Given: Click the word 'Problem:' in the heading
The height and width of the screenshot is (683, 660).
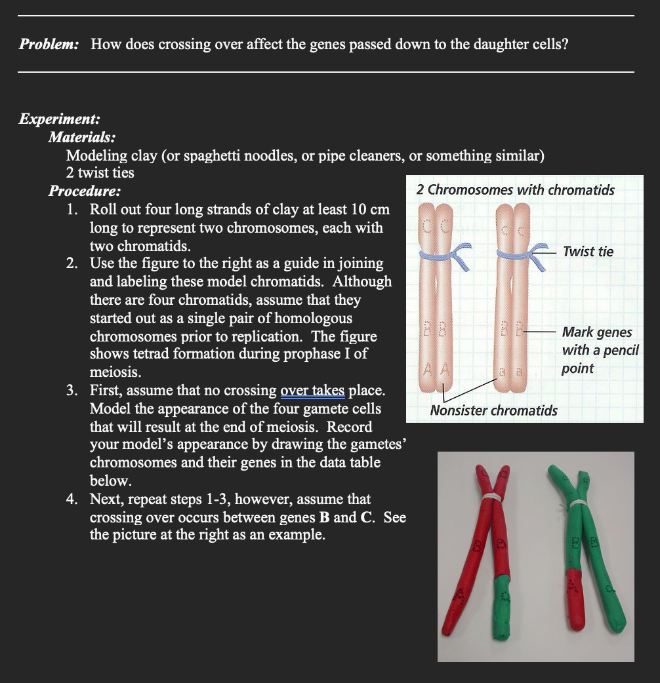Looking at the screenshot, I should point(49,45).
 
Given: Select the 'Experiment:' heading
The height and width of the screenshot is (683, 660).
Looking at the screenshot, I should point(60,119).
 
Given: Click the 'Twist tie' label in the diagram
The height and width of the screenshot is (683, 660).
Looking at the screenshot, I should point(588,252).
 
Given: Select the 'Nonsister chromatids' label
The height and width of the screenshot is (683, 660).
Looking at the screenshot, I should point(493,411).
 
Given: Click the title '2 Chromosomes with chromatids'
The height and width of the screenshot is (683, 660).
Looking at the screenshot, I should point(516,190).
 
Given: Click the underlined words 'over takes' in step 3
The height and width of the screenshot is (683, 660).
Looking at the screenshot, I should point(313,391).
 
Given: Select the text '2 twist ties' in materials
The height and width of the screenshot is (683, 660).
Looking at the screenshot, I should point(100,173).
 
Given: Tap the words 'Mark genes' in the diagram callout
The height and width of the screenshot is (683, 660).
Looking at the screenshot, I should point(597,332).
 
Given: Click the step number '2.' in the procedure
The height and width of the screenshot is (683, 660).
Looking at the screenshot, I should point(73,263).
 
